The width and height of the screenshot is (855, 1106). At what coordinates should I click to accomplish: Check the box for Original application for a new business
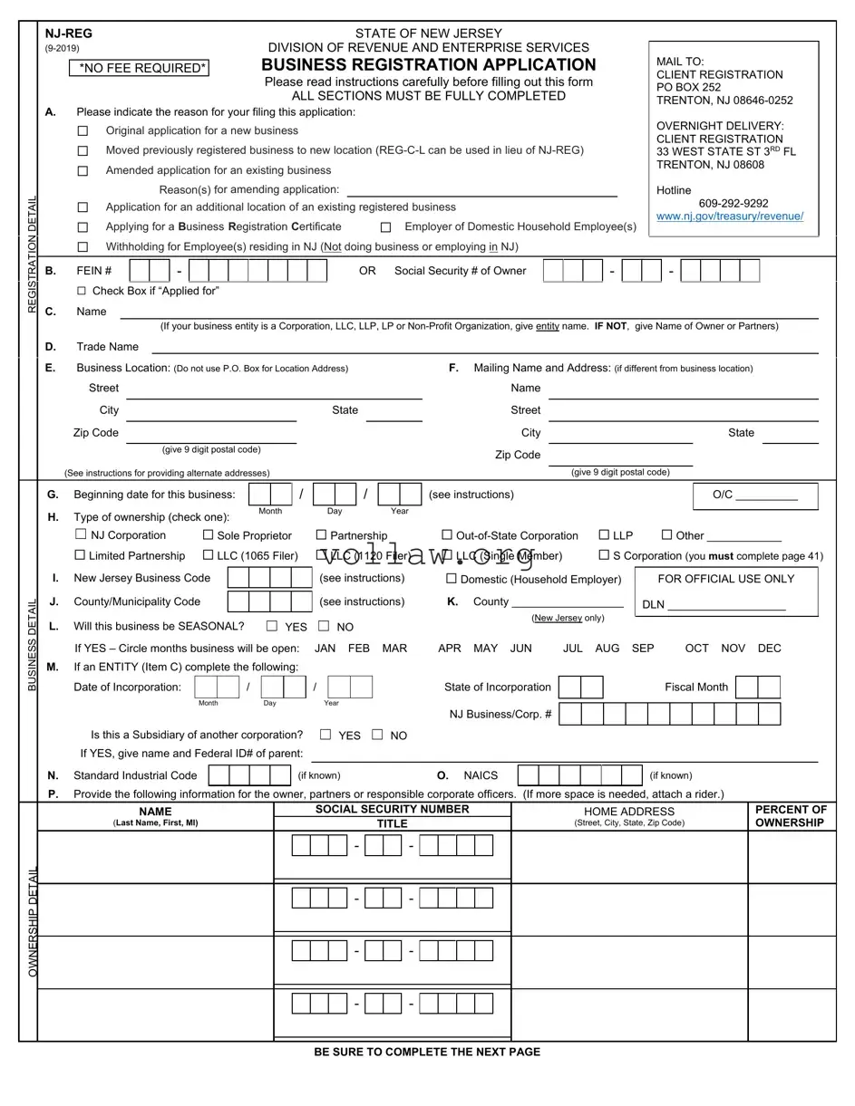coord(83,131)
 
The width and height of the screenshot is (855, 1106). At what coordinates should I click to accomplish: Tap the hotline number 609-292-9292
coord(734,204)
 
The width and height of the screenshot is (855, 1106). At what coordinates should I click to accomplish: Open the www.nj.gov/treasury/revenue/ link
coord(730,216)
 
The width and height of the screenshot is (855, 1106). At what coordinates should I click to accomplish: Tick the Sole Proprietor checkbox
coord(209,535)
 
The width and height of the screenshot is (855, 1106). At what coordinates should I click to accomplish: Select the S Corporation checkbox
coord(604,555)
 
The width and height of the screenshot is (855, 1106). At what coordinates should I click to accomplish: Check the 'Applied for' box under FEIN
coord(83,291)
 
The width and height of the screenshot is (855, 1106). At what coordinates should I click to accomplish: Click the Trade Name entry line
coord(484,347)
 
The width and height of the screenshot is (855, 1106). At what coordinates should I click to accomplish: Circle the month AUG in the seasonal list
coord(607,649)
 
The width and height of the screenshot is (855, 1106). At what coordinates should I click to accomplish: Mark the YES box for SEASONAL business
coord(272,626)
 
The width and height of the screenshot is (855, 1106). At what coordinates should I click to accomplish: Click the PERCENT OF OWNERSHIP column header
coord(791,816)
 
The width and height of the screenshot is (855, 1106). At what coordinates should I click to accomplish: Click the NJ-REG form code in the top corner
coord(69,34)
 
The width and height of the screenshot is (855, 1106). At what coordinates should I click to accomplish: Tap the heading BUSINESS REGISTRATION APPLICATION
coord(428,65)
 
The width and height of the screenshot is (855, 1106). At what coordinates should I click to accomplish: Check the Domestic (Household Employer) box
coord(452,579)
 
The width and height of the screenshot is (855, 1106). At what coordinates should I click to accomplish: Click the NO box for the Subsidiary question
coord(377,735)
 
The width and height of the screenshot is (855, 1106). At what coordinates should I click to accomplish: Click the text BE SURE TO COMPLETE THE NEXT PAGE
coord(427,1052)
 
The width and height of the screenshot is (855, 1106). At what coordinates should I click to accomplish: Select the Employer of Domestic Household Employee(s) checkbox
coord(385,227)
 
